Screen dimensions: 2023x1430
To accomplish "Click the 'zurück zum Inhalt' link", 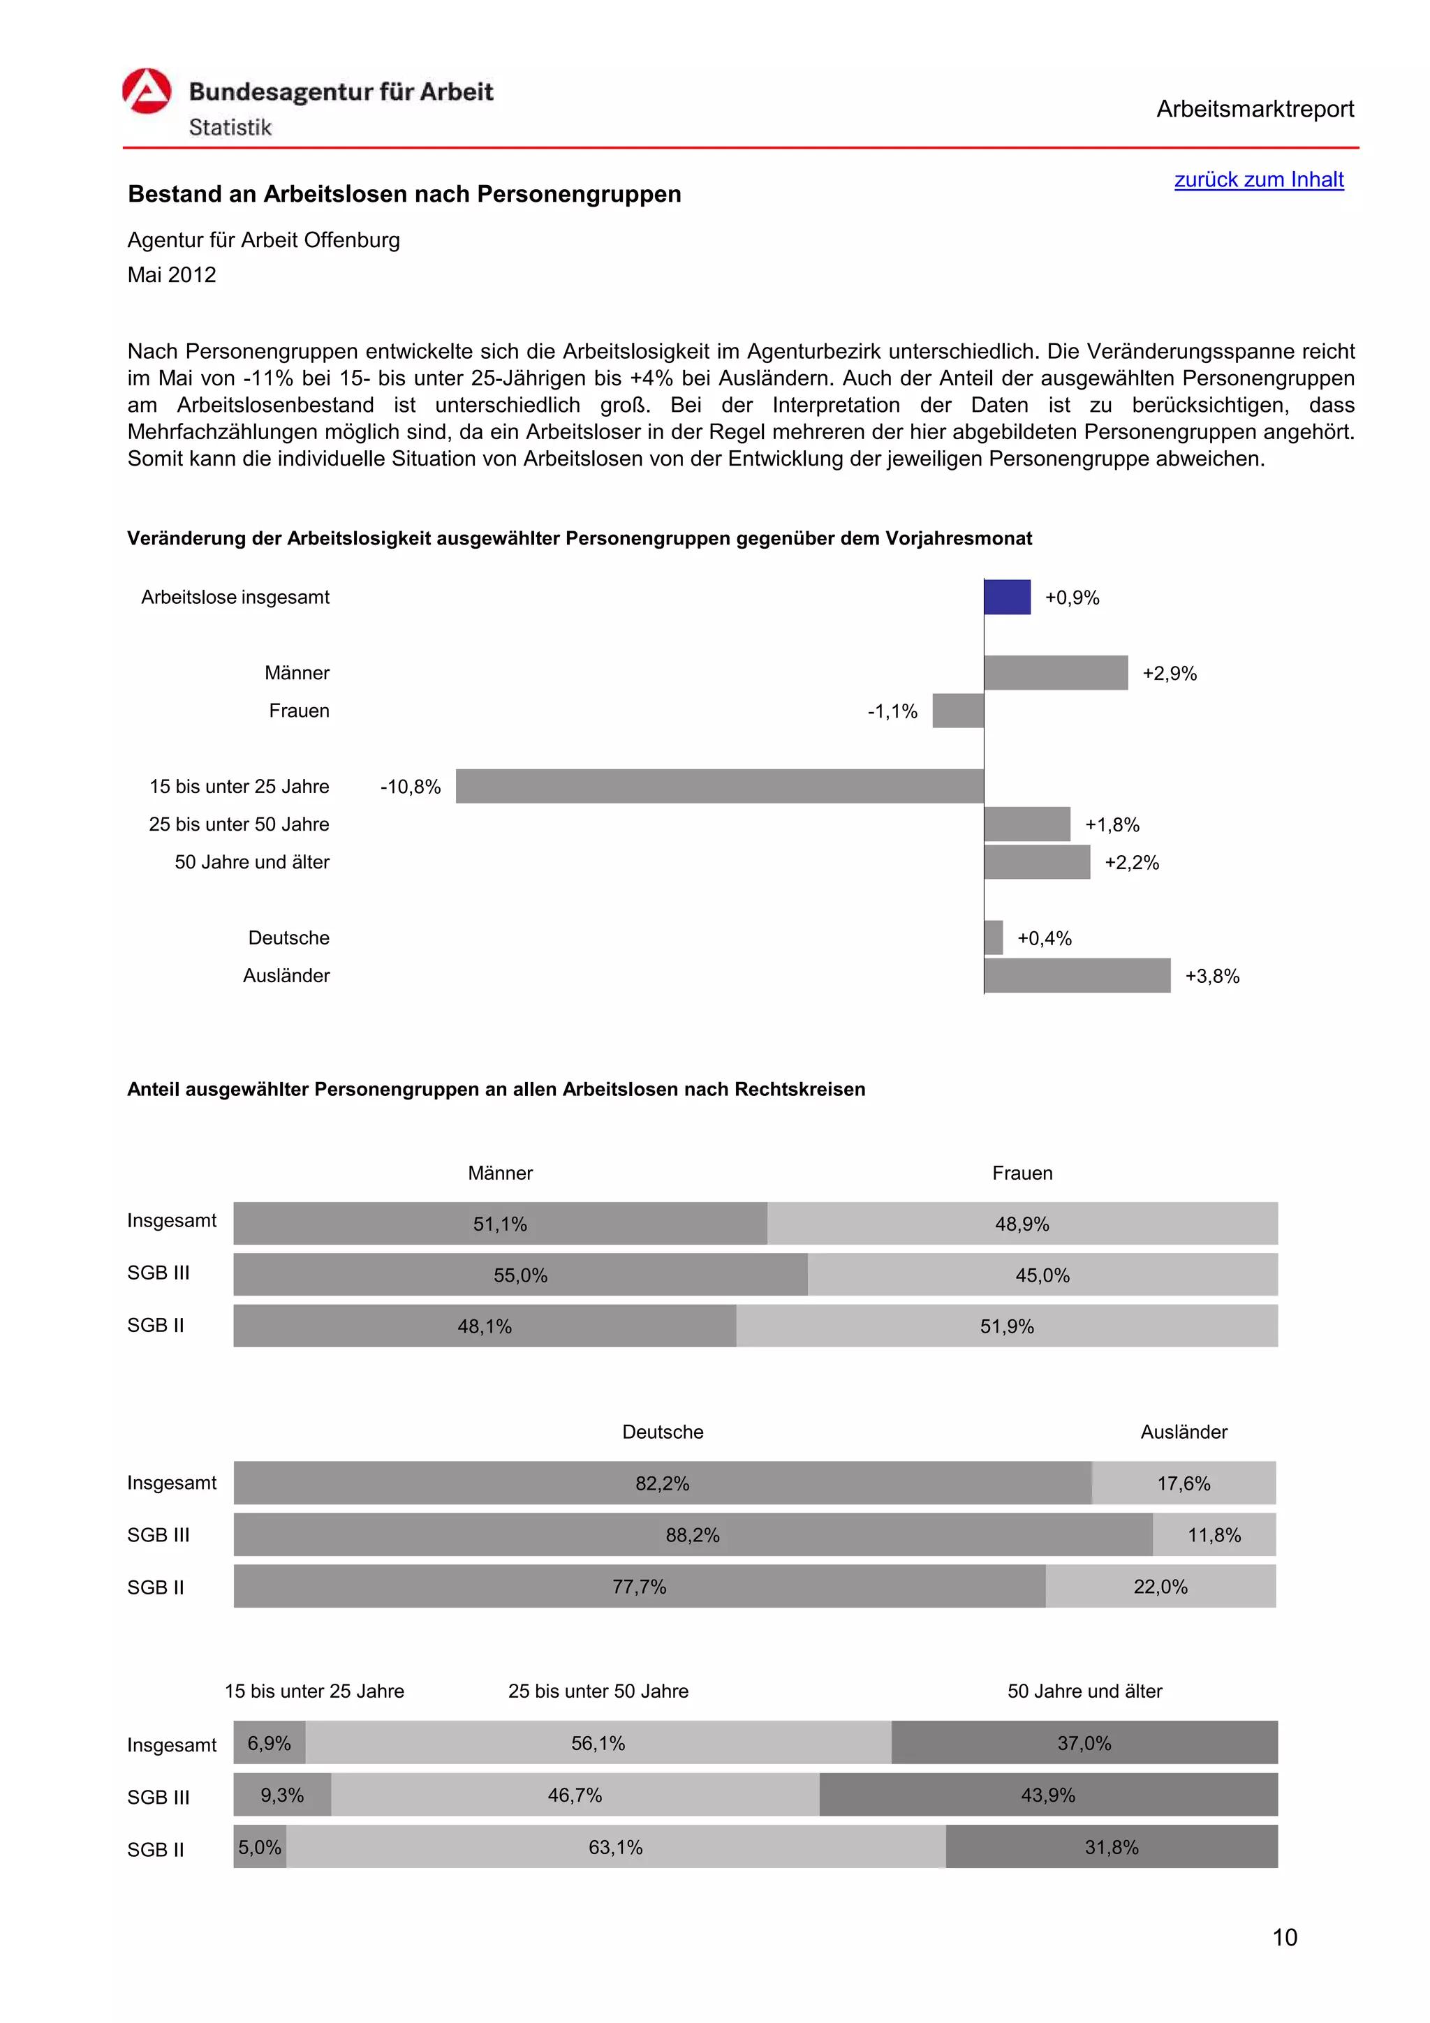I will pos(1258,179).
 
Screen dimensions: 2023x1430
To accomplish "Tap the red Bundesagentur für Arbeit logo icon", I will pos(146,91).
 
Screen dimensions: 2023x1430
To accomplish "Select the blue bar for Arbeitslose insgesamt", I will pos(1006,598).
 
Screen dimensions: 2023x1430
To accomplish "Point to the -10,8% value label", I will pos(410,787).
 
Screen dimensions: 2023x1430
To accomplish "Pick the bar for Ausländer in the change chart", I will pos(1076,975).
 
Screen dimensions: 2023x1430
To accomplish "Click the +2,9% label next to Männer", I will pos(1168,674).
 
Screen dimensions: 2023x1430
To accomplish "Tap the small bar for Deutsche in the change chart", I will pos(993,938).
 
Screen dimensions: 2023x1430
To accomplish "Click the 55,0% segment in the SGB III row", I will pos(519,1275).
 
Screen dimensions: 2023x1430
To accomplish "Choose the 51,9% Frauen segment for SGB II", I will pos(1006,1326).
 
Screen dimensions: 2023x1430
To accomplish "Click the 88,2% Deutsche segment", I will pos(693,1535).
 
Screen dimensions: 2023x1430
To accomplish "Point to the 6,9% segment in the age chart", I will pos(269,1743).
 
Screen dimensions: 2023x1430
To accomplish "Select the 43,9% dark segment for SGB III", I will pos(1047,1795).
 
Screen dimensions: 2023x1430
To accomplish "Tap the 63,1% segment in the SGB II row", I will pos(615,1847).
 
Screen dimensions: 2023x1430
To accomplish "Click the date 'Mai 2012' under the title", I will pos(172,275).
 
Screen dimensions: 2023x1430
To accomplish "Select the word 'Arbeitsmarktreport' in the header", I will pos(1254,110).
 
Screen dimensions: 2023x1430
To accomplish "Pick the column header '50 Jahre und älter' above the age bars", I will pos(1084,1691).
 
